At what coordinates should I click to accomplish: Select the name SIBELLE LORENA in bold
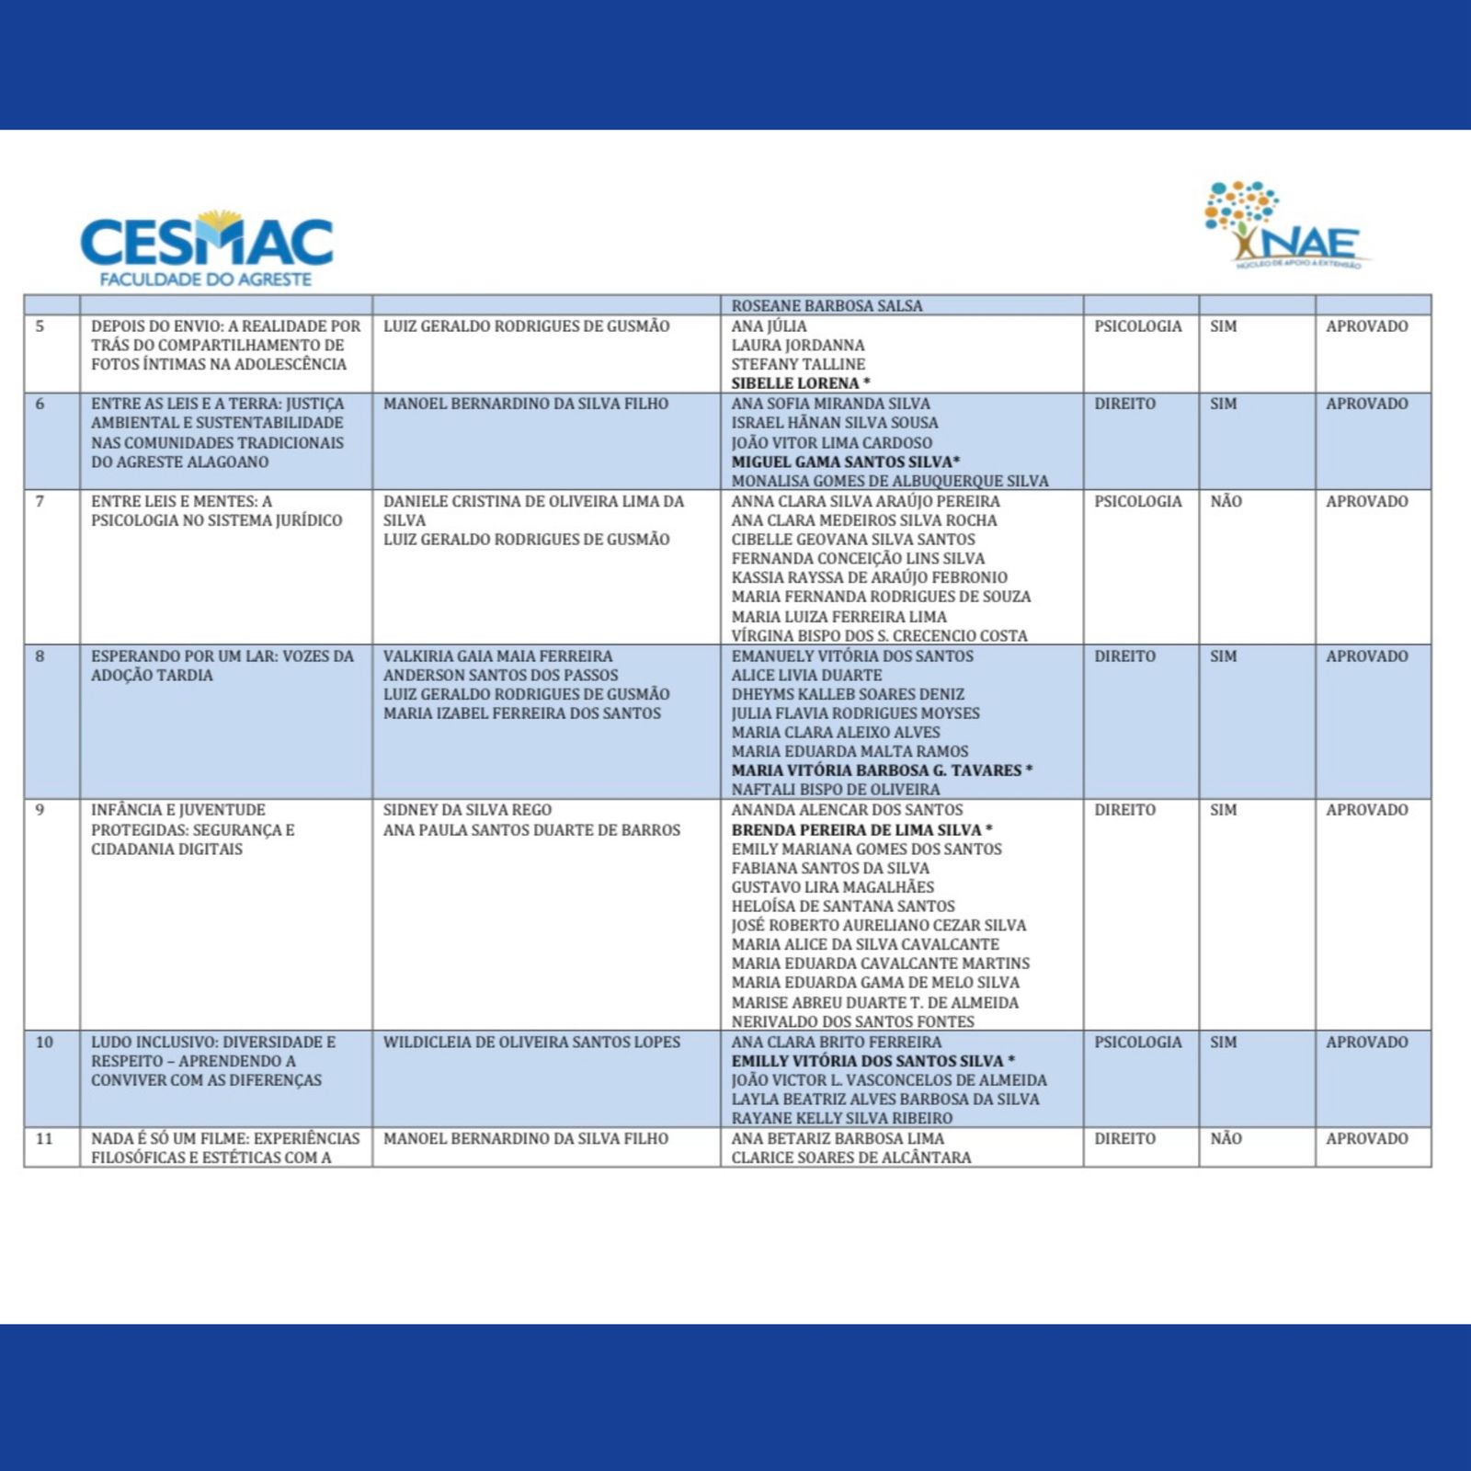pyautogui.click(x=795, y=383)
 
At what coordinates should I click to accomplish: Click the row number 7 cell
pyautogui.click(x=40, y=501)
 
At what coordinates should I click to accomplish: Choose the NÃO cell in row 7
pyautogui.click(x=1226, y=501)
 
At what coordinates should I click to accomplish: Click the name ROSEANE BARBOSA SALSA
pyautogui.click(x=827, y=306)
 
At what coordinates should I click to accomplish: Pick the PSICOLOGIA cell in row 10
pyautogui.click(x=1137, y=1042)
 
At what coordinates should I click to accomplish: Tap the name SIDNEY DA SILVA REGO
pyautogui.click(x=467, y=810)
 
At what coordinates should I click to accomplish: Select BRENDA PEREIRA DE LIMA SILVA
pyautogui.click(x=857, y=829)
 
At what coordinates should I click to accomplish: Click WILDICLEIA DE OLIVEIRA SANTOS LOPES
pyautogui.click(x=531, y=1042)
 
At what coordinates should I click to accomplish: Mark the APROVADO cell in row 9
pyautogui.click(x=1366, y=810)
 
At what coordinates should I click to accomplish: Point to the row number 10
pyautogui.click(x=44, y=1042)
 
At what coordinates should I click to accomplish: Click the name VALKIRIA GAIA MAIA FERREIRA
pyautogui.click(x=497, y=656)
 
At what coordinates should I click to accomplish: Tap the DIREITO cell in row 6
pyautogui.click(x=1124, y=404)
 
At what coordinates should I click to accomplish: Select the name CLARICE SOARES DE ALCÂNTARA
pyautogui.click(x=850, y=1157)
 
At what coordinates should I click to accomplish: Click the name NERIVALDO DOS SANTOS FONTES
pyautogui.click(x=852, y=1021)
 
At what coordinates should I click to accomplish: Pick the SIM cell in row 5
pyautogui.click(x=1223, y=326)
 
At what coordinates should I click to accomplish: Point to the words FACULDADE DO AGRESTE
pyautogui.click(x=206, y=279)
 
